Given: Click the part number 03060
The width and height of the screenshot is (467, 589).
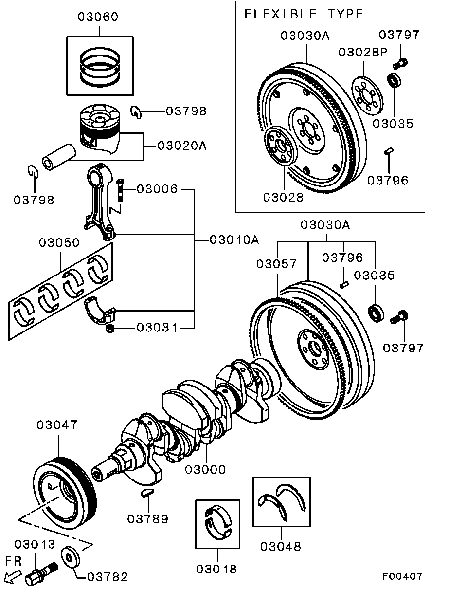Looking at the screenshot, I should tap(98, 17).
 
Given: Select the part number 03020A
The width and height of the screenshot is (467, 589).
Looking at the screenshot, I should tap(182, 146).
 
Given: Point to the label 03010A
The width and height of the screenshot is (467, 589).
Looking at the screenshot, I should tap(234, 239).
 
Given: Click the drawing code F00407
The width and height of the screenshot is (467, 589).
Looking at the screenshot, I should tap(402, 576).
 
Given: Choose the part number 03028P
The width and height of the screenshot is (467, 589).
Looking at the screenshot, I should tap(363, 52).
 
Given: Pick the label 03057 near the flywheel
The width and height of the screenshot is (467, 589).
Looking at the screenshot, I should tap(276, 264).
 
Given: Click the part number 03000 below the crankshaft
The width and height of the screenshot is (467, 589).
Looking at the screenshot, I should tap(205, 469).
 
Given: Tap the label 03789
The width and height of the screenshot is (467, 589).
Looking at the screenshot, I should tap(148, 519).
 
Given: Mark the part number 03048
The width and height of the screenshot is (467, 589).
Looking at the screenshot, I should tap(281, 546).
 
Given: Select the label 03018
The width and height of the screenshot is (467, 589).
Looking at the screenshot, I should tap(216, 569).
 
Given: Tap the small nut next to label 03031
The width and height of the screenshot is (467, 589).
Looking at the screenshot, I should tap(111, 330).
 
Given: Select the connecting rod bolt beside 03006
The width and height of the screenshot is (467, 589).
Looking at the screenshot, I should tap(120, 191).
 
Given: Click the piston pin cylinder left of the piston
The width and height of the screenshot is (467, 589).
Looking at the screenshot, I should tap(58, 156).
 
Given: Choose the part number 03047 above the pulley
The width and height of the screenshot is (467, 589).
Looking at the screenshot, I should tap(57, 425).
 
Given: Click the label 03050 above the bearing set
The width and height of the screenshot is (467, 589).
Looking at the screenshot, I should tap(59, 242).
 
